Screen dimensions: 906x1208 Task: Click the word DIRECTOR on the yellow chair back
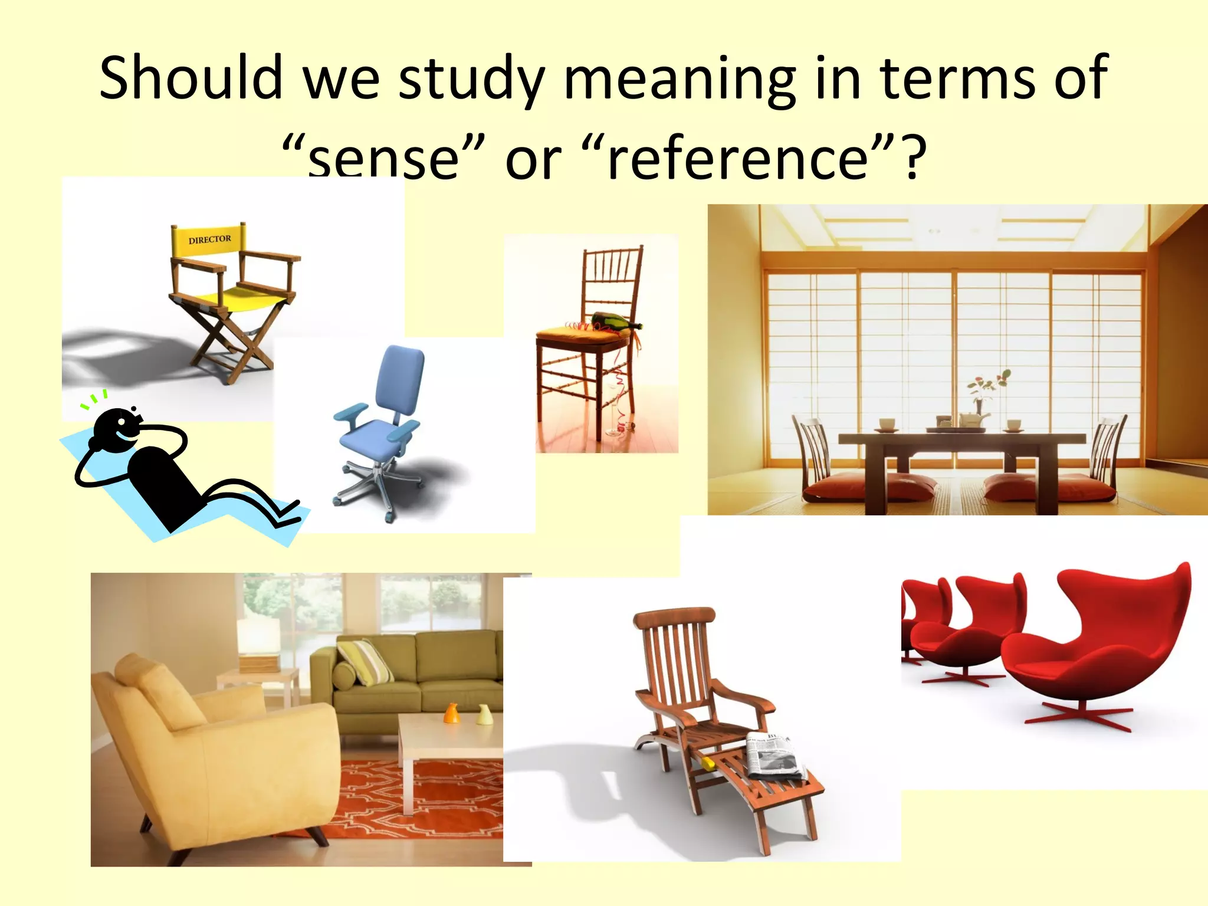(209, 239)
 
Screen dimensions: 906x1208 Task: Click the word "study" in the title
(471, 78)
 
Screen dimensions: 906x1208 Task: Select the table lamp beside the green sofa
(258, 643)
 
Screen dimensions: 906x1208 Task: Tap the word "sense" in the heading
(384, 158)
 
